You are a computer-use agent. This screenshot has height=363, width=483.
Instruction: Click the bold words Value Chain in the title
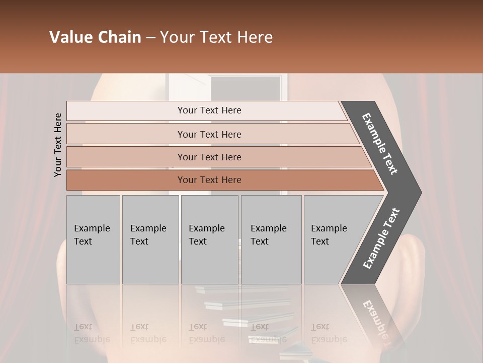[x=95, y=37]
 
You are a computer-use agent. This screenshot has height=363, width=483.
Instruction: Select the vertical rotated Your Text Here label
[x=58, y=145]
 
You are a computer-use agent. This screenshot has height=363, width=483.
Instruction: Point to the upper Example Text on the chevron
[x=380, y=144]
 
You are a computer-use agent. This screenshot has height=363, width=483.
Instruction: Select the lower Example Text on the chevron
[x=381, y=238]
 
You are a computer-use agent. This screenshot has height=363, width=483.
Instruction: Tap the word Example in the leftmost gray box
[x=92, y=228]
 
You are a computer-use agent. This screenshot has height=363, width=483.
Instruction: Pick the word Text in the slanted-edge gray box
[x=320, y=241]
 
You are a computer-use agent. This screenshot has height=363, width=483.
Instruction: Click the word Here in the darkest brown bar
[x=231, y=180]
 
